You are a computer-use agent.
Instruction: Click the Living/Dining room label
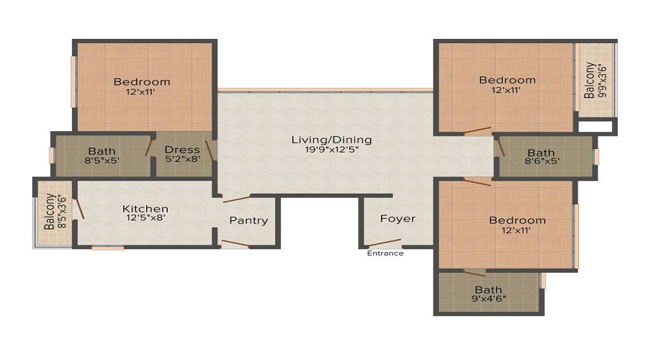tap(331, 139)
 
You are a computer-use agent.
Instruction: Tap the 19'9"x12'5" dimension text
tap(331, 150)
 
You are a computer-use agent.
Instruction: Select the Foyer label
tap(397, 218)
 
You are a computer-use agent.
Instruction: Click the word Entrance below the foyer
tap(385, 253)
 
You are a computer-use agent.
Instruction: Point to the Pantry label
tap(248, 220)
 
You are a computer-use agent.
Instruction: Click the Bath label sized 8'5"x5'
tap(102, 150)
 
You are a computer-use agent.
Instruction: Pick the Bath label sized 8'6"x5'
tap(541, 153)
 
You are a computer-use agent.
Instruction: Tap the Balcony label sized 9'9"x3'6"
tap(590, 80)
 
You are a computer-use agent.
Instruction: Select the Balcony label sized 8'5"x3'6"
tap(49, 211)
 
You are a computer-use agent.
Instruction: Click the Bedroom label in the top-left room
tap(142, 81)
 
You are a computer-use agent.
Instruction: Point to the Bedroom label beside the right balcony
tap(507, 80)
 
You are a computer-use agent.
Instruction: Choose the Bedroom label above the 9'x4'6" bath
tap(517, 220)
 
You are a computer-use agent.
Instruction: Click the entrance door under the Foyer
tap(384, 244)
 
